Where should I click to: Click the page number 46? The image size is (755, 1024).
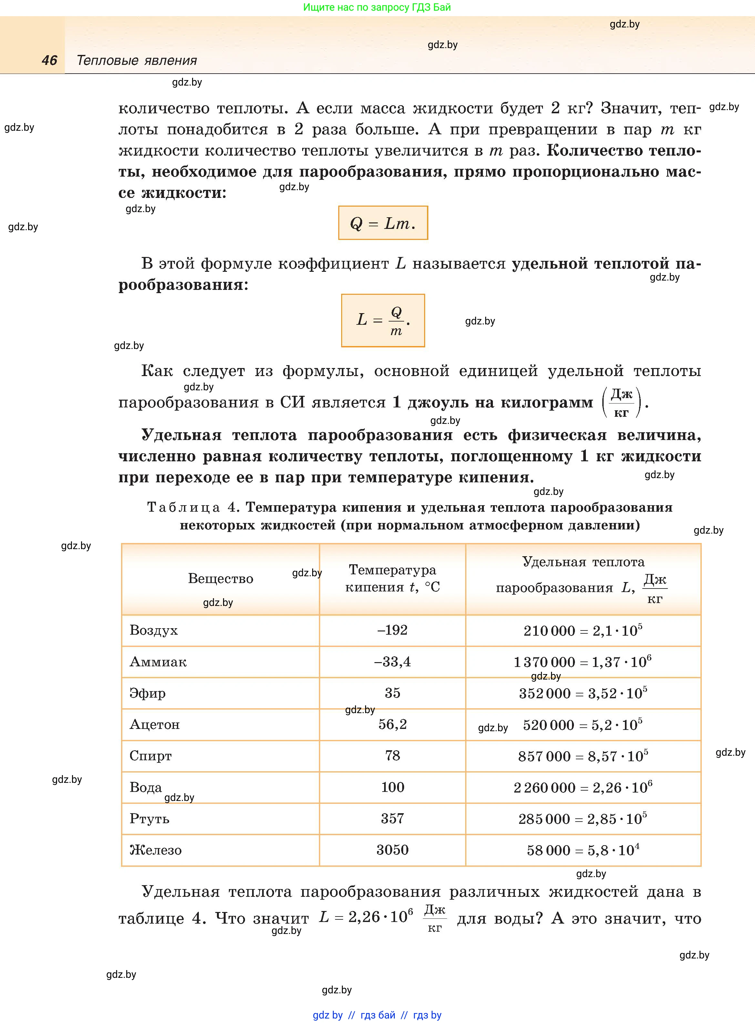49,60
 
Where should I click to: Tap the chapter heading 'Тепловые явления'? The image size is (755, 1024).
137,60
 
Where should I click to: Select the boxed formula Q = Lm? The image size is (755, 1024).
383,223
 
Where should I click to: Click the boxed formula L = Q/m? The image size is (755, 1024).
383,320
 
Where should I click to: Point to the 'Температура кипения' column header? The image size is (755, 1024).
392,579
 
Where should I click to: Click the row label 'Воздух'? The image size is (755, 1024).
154,630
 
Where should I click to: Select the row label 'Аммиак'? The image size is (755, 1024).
158,662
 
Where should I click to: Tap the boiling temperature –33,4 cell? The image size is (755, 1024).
392,662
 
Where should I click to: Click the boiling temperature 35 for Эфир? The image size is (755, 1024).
392,693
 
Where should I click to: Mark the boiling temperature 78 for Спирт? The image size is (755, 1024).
392,755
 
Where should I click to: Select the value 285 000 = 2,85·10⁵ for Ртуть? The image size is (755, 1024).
583,818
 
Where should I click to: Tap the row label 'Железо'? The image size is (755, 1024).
155,850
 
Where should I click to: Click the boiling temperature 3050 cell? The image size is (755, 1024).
392,850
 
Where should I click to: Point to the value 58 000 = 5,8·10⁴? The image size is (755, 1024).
583,850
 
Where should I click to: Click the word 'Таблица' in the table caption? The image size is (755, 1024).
184,507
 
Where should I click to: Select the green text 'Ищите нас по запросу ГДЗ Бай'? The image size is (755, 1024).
377,7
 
